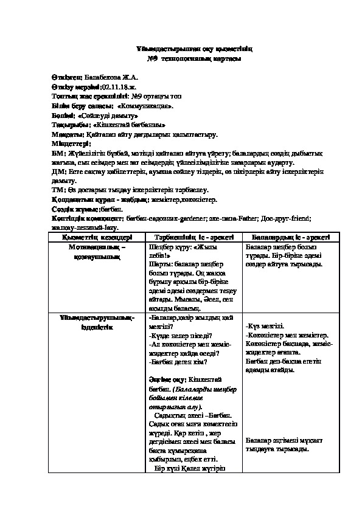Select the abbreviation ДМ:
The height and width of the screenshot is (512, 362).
pos(59,172)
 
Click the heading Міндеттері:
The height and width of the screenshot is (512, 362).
pos(71,144)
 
